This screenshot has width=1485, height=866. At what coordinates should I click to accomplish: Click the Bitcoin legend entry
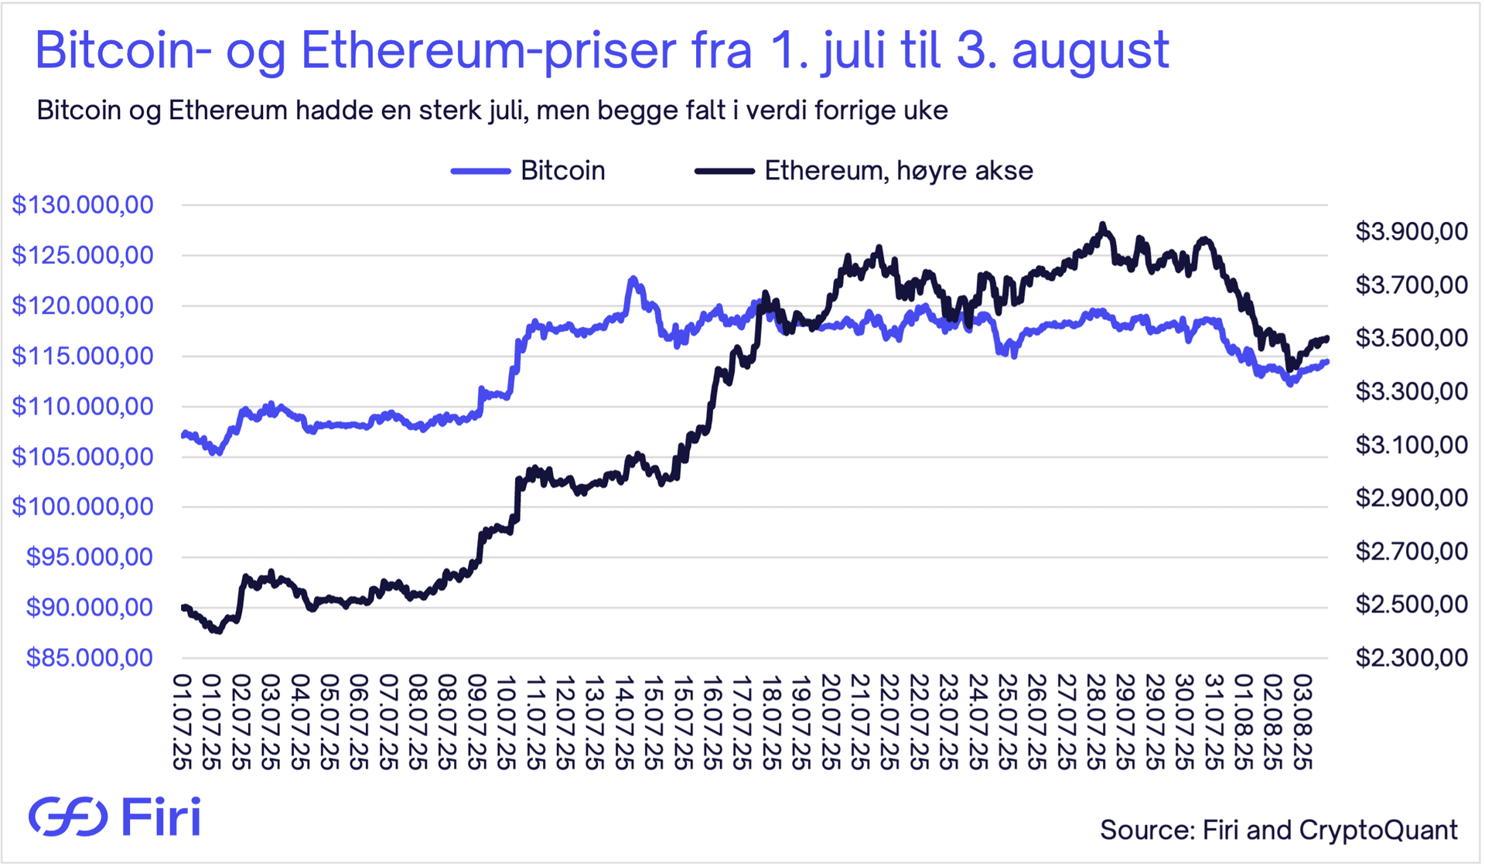click(562, 171)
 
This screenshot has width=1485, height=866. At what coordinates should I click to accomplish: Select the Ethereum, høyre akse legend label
click(898, 171)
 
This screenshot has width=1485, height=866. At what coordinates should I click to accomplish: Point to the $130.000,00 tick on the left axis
click(83, 205)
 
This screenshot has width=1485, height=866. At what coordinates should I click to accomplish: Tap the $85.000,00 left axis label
click(90, 658)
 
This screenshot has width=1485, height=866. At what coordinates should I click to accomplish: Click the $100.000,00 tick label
click(83, 507)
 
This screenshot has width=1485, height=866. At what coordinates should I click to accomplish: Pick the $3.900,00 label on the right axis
click(1411, 231)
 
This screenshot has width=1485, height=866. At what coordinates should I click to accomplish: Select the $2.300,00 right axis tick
click(1411, 658)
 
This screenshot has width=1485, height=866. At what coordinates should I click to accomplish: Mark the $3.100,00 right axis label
click(1411, 445)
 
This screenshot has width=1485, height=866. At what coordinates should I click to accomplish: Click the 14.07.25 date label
click(624, 722)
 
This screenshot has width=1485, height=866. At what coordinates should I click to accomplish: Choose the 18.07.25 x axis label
click(770, 722)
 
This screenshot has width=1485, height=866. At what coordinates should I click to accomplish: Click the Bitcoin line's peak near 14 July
click(633, 278)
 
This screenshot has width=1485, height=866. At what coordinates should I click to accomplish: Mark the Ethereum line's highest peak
click(1102, 225)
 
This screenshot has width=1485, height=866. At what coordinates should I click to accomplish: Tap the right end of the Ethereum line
click(1326, 338)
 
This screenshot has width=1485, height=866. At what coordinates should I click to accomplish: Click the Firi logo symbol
click(68, 817)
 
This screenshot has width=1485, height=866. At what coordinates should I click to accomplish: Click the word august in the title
click(1090, 51)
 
